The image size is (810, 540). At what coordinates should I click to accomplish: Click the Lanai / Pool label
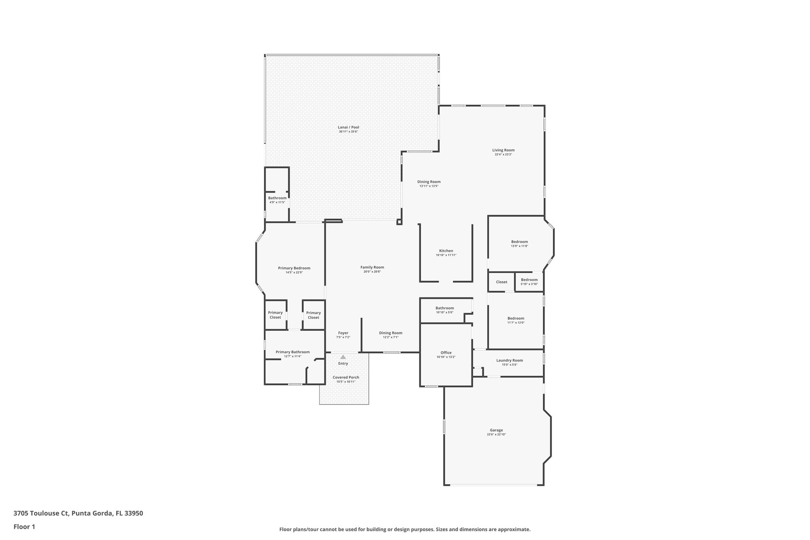click(348, 127)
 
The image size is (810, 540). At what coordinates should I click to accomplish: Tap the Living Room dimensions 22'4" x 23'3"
click(503, 155)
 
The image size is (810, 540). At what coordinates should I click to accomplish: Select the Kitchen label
click(446, 251)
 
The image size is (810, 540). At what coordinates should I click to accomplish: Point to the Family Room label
click(372, 267)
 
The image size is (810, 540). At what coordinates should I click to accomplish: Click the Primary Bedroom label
click(294, 268)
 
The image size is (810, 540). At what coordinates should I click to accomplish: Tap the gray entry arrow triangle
click(343, 357)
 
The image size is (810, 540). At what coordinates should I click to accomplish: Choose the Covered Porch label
click(346, 377)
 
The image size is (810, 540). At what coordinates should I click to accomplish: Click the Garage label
click(496, 430)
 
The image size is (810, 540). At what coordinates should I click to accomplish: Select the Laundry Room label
click(509, 360)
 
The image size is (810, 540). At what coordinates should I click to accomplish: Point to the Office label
click(446, 353)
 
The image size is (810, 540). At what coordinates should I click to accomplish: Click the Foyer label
click(343, 333)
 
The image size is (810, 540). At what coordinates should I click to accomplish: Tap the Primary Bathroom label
click(292, 352)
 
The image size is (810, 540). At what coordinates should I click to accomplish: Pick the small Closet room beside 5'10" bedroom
click(501, 282)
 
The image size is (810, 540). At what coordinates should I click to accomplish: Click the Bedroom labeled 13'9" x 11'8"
click(519, 242)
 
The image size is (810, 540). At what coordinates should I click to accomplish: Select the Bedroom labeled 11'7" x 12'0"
click(516, 318)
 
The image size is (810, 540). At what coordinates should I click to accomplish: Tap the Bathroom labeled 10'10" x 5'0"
click(445, 308)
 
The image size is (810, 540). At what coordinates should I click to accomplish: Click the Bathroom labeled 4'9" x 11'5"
click(277, 198)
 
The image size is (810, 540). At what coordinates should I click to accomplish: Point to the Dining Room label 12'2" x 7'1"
click(390, 333)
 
